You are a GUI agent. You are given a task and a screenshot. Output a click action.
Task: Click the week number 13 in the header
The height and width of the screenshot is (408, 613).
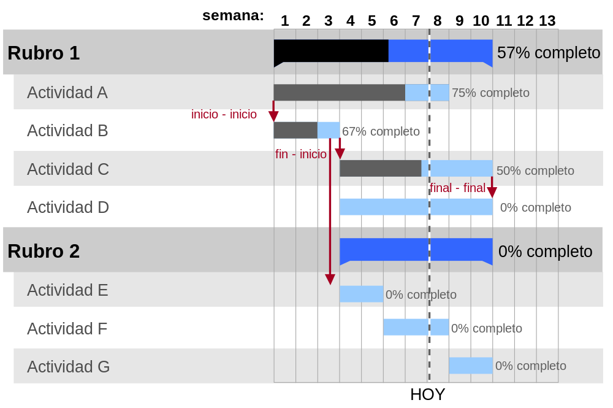547,21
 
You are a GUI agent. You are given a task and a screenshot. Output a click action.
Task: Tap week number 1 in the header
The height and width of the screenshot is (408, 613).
284,21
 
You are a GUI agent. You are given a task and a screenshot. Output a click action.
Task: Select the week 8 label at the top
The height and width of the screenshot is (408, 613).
438,21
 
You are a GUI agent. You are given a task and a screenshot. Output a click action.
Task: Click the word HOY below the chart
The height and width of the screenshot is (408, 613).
428,395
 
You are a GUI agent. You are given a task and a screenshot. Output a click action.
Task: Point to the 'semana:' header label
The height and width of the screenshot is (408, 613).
233,15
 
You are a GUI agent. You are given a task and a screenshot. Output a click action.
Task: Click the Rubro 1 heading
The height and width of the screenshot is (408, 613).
44,53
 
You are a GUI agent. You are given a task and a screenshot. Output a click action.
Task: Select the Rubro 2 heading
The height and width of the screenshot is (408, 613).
44,251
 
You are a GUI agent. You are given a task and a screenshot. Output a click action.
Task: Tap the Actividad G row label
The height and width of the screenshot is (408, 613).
69,366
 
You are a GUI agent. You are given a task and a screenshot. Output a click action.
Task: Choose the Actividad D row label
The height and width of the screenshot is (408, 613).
68,207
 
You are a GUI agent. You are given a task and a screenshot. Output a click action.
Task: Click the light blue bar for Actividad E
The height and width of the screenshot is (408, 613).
361,294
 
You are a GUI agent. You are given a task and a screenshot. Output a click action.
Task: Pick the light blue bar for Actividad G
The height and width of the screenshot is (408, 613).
471,366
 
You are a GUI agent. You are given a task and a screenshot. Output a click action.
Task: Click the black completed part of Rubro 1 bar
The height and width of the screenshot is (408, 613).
331,51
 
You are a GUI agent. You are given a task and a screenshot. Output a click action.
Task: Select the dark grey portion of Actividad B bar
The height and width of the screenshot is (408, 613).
295,130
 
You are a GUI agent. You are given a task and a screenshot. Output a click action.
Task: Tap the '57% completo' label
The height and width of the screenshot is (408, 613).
549,52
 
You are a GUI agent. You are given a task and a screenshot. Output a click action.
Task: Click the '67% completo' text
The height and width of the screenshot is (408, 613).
381,131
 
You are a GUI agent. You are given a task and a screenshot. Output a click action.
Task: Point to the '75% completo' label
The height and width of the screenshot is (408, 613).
490,93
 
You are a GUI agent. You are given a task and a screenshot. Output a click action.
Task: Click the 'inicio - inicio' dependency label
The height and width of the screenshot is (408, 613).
224,114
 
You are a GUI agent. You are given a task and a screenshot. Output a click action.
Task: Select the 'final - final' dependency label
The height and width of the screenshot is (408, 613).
457,188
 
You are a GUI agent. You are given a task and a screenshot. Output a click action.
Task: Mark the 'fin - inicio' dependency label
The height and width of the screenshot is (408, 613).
301,154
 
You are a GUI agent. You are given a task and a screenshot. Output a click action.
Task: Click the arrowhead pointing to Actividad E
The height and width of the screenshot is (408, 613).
330,279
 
